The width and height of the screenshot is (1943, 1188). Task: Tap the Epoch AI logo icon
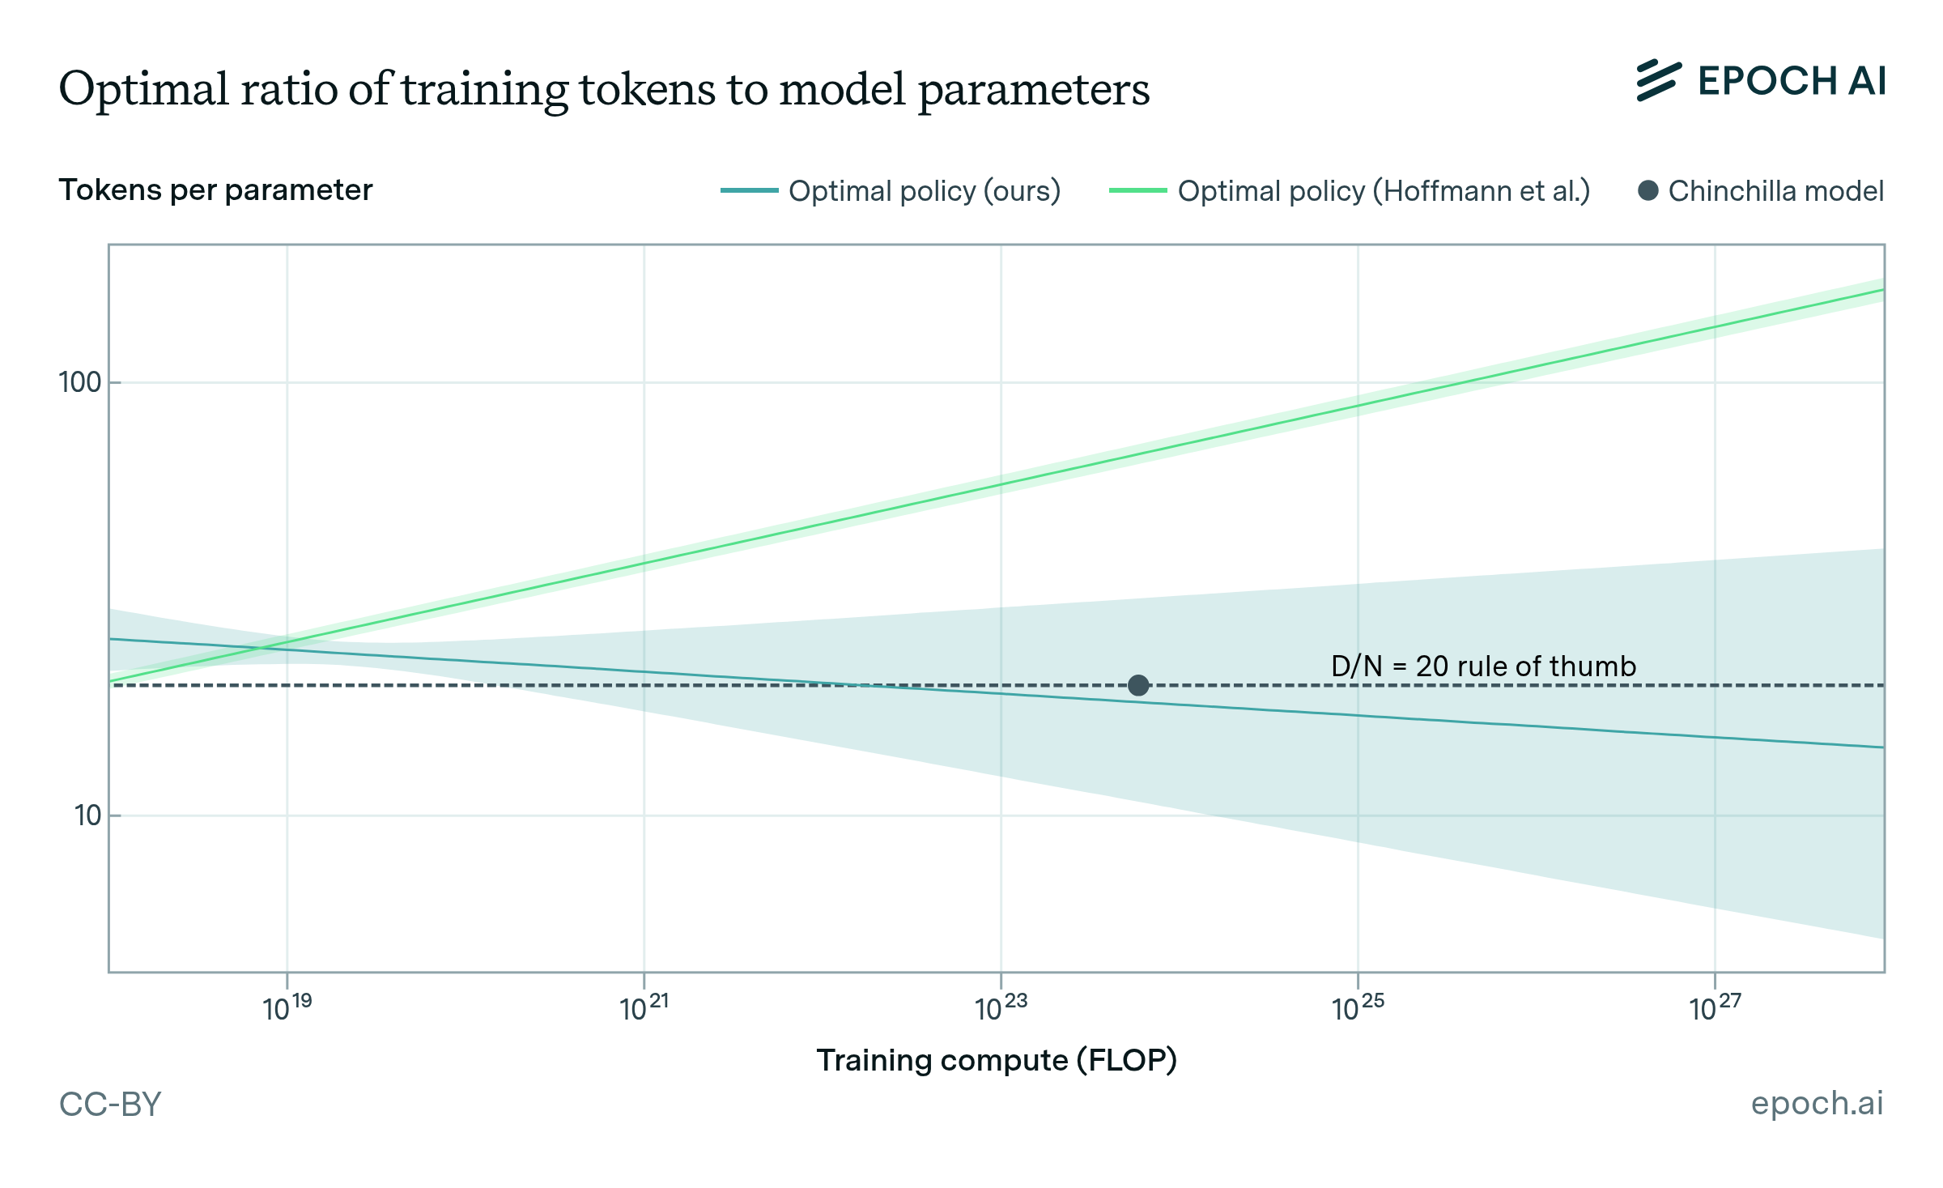[1658, 81]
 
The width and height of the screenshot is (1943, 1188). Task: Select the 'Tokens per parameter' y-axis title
[215, 190]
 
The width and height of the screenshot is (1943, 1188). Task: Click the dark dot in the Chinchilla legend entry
[1648, 191]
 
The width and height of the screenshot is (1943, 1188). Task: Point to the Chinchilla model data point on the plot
[1138, 686]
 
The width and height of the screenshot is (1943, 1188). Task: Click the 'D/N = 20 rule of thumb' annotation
[1483, 666]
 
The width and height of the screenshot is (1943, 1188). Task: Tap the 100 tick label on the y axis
[79, 382]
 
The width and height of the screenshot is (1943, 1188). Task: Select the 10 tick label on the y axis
[87, 815]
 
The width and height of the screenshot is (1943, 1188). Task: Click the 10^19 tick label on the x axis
[287, 1007]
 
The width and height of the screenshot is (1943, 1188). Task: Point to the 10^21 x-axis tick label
[644, 1007]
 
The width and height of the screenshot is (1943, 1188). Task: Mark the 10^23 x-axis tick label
[1001, 1007]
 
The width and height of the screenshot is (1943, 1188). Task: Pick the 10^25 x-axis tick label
[1358, 1007]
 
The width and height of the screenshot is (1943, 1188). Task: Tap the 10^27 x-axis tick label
[1715, 1007]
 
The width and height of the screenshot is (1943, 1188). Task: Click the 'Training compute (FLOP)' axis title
[997, 1060]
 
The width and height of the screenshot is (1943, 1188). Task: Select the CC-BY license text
[111, 1104]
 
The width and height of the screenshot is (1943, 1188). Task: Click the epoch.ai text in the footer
[1817, 1103]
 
